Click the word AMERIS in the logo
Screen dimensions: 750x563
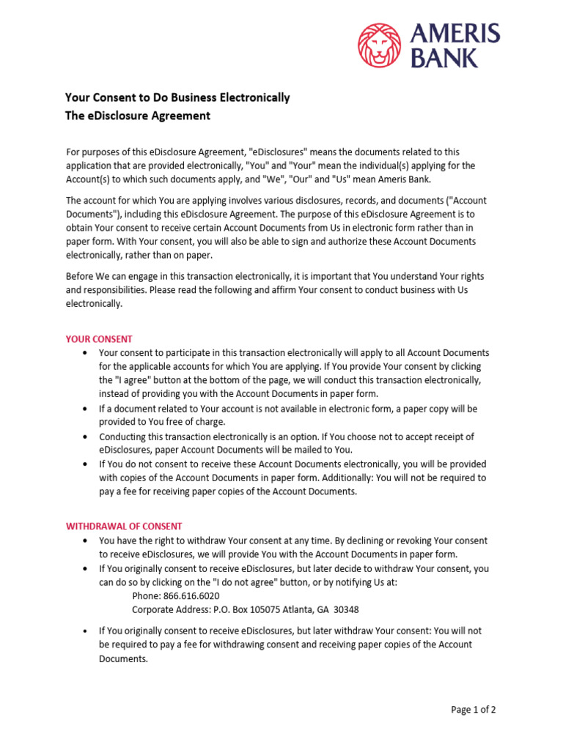(x=455, y=34)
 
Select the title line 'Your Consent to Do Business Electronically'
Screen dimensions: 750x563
(x=177, y=97)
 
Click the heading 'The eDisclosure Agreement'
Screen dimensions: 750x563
(x=138, y=116)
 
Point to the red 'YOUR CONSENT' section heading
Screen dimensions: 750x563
(x=99, y=339)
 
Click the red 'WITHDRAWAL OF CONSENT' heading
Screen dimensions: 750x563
(x=124, y=526)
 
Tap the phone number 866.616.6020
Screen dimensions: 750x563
(x=192, y=595)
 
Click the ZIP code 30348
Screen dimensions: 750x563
(x=345, y=609)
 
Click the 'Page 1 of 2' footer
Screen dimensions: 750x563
(x=474, y=709)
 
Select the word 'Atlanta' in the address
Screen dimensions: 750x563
(x=302, y=609)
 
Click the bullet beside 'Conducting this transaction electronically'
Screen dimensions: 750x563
(x=86, y=437)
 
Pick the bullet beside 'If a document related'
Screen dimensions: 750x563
(x=86, y=409)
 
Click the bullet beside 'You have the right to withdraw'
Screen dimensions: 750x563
(x=86, y=541)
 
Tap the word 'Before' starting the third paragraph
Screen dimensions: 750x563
(x=81, y=276)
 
